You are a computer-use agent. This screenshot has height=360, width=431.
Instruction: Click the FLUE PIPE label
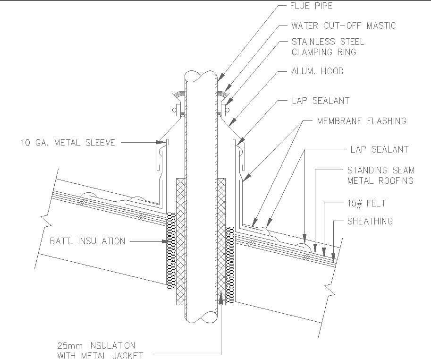pyautogui.click(x=312, y=7)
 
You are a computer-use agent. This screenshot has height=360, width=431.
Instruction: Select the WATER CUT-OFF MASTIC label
pyautogui.click(x=343, y=26)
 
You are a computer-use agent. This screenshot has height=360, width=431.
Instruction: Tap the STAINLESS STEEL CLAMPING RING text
pyautogui.click(x=328, y=47)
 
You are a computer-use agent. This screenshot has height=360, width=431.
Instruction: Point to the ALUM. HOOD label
pyautogui.click(x=317, y=71)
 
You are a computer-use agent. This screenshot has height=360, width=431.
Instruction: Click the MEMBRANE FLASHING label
pyautogui.click(x=361, y=121)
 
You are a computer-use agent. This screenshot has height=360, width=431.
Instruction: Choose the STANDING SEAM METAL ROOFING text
pyautogui.click(x=380, y=175)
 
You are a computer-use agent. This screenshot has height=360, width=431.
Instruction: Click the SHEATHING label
pyautogui.click(x=370, y=221)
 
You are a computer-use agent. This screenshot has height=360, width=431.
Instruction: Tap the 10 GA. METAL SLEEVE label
pyautogui.click(x=68, y=142)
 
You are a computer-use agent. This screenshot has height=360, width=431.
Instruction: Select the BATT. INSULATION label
pyautogui.click(x=87, y=241)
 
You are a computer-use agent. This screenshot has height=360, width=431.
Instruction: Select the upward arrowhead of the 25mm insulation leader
pyautogui.click(x=221, y=298)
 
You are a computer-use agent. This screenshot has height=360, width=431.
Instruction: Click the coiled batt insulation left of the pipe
pyautogui.click(x=171, y=250)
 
